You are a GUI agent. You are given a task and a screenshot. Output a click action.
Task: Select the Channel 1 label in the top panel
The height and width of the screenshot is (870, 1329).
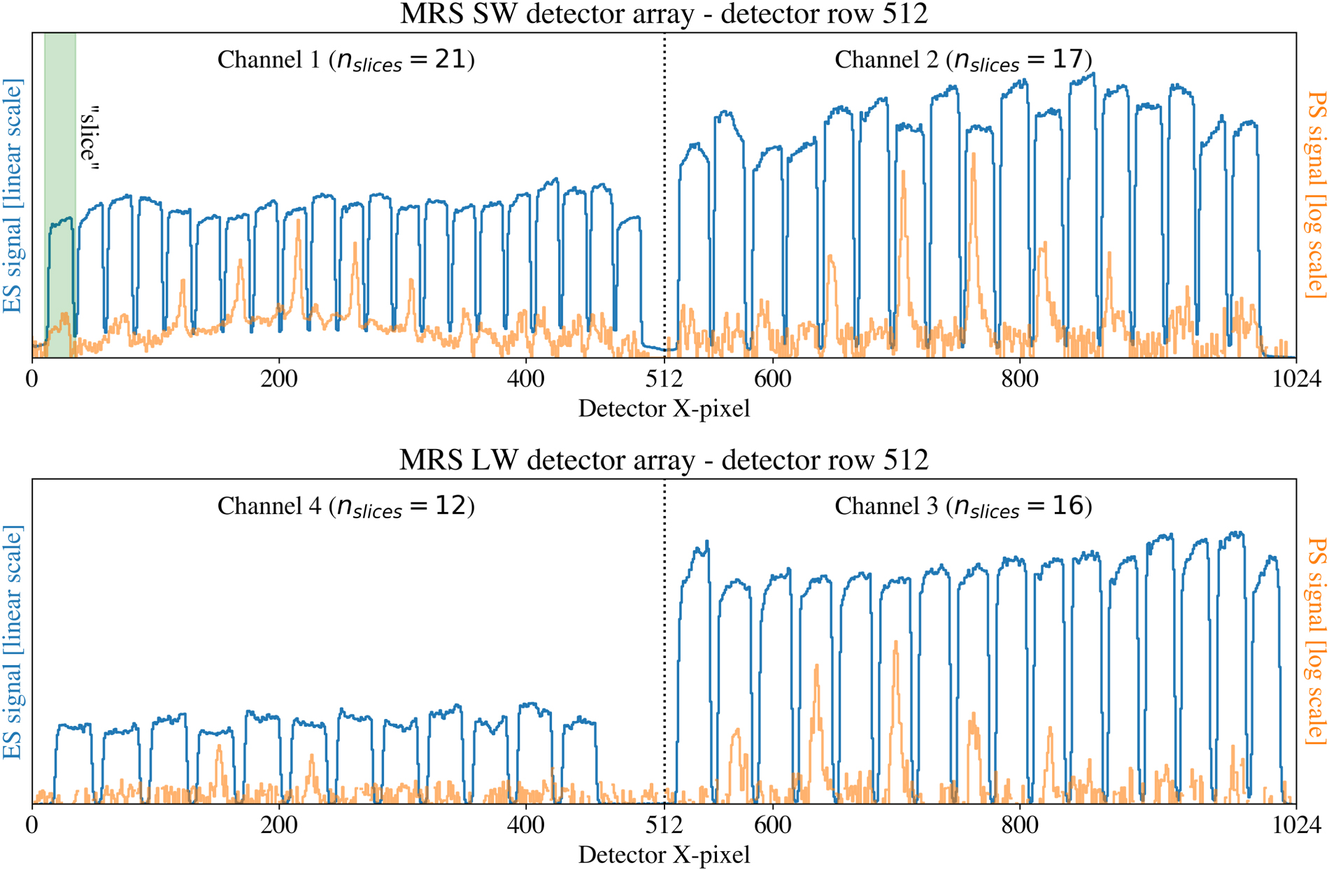pyautogui.click(x=346, y=60)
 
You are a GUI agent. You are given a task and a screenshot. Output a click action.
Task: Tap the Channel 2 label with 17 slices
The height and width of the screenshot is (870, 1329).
pyautogui.click(x=962, y=60)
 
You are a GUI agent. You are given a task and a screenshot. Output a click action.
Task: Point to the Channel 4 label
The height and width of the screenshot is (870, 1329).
pyautogui.click(x=346, y=506)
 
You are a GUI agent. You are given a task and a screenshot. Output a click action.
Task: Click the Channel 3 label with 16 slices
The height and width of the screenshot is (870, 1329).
pyautogui.click(x=962, y=506)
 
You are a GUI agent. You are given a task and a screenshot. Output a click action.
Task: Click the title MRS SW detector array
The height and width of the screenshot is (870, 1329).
pyautogui.click(x=663, y=14)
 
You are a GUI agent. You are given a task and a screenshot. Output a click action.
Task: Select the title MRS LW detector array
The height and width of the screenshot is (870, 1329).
pyautogui.click(x=663, y=460)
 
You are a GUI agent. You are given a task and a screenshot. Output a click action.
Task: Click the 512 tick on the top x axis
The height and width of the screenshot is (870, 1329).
pyautogui.click(x=664, y=379)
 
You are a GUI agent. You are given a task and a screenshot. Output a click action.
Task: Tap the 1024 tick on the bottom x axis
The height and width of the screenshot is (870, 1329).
pyautogui.click(x=1296, y=825)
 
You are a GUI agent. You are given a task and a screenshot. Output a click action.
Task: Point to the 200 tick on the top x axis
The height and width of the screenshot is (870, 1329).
pyautogui.click(x=278, y=379)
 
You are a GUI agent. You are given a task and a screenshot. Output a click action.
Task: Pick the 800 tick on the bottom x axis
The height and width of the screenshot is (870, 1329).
pyautogui.click(x=1019, y=825)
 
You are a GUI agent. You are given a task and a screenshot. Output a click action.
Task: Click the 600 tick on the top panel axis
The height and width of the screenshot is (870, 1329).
pyautogui.click(x=772, y=379)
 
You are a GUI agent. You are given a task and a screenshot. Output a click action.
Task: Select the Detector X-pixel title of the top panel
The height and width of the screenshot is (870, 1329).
pyautogui.click(x=663, y=408)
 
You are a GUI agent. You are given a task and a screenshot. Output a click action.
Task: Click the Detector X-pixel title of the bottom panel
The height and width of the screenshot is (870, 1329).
pyautogui.click(x=663, y=855)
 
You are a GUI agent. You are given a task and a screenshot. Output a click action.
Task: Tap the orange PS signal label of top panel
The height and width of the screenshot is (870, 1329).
pyautogui.click(x=1316, y=194)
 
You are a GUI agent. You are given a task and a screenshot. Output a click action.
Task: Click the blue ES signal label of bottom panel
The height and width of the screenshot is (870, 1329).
pyautogui.click(x=13, y=642)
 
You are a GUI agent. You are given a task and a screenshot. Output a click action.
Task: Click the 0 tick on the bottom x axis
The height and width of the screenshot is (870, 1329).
pyautogui.click(x=32, y=825)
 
